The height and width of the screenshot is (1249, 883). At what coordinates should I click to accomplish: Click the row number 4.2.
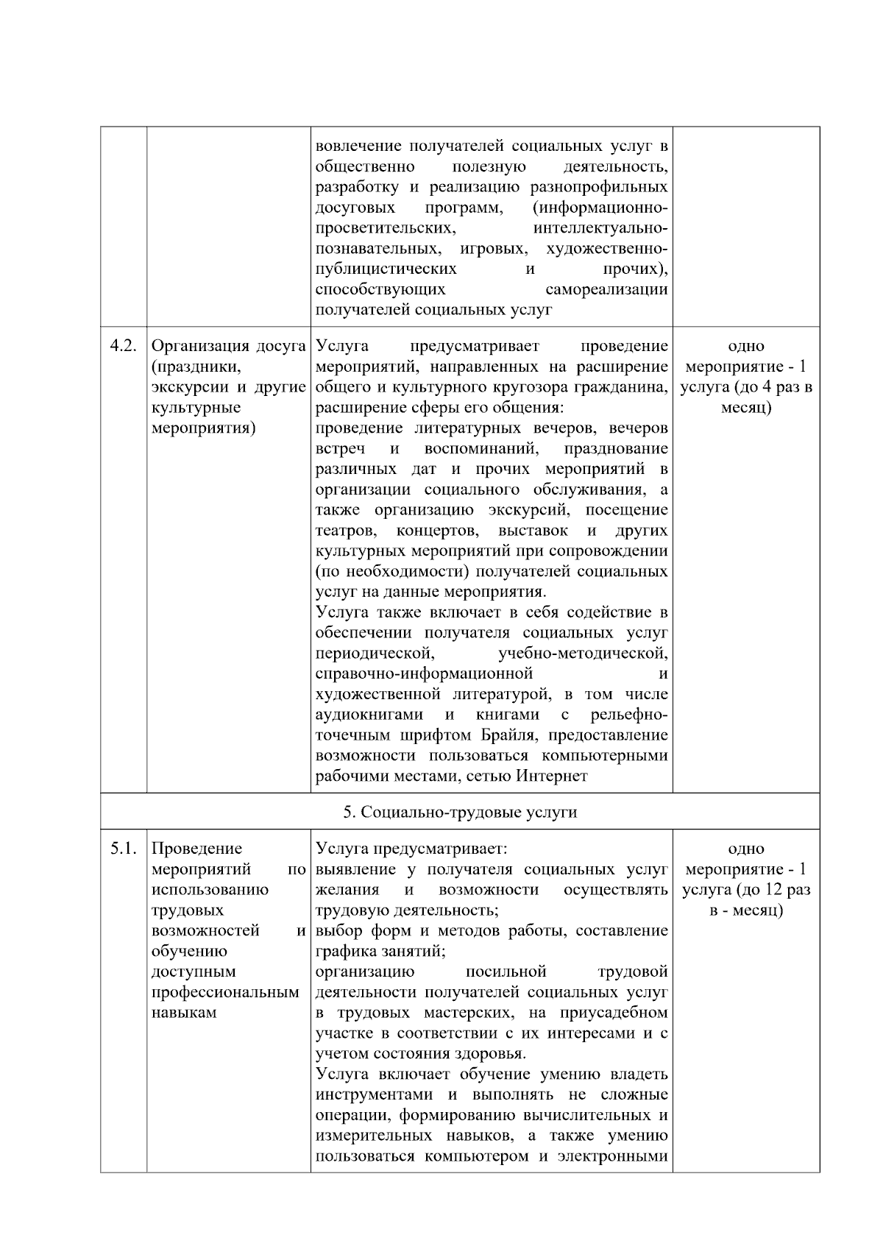(123, 346)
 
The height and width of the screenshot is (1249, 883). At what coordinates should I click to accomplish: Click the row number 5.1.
(123, 849)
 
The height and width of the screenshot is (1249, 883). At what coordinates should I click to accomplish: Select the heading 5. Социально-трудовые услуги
(460, 812)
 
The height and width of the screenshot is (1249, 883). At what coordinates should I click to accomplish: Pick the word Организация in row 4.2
(196, 346)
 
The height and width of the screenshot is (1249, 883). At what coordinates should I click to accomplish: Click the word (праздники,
(185, 367)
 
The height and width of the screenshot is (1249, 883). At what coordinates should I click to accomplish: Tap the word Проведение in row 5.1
(196, 849)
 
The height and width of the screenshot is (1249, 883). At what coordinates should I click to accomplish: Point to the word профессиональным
(225, 992)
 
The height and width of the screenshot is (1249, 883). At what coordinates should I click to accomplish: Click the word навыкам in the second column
(184, 1013)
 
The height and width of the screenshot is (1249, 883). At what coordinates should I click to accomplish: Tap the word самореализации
(607, 289)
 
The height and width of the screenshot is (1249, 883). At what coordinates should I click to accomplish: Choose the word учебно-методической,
(583, 653)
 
